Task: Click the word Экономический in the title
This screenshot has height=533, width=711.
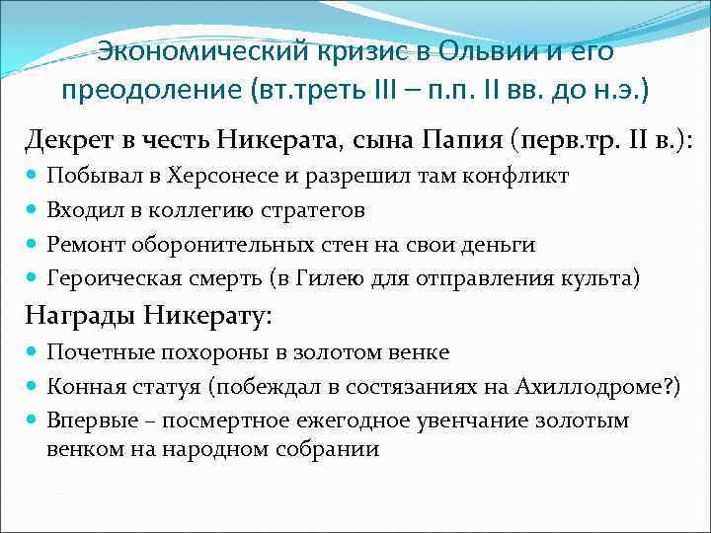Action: click(178, 50)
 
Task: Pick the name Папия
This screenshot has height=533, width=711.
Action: click(461, 142)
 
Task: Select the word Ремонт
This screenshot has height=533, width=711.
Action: click(85, 244)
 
